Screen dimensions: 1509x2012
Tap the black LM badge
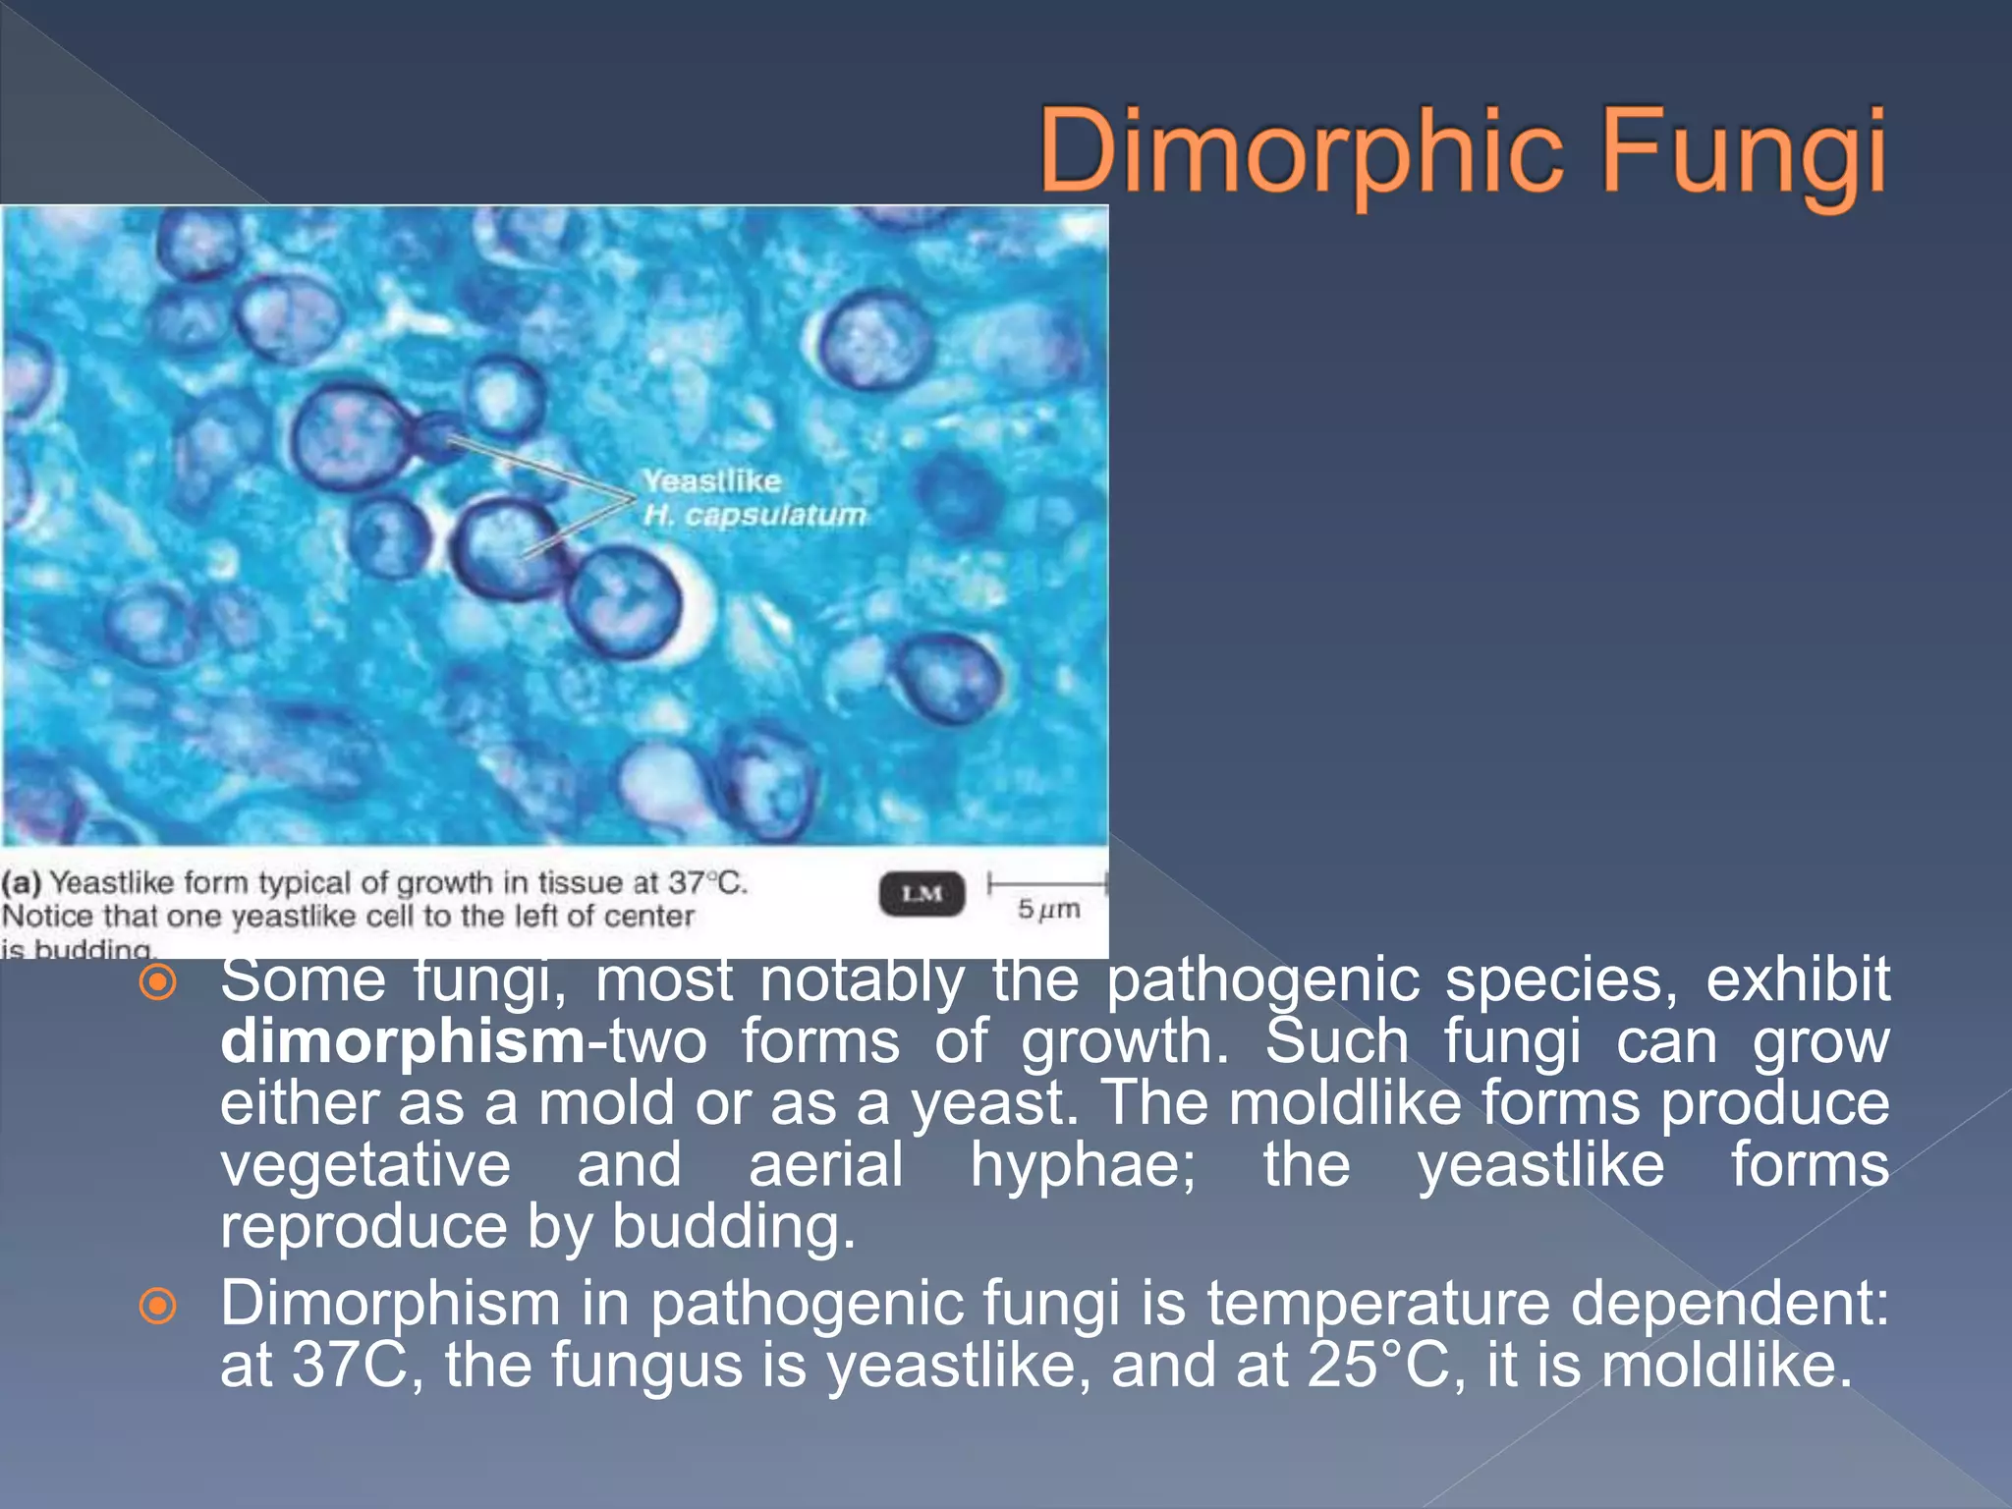click(x=921, y=893)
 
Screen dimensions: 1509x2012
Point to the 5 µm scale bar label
click(x=1048, y=910)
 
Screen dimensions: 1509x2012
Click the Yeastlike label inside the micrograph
click(x=712, y=481)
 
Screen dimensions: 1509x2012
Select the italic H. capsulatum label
click(x=754, y=515)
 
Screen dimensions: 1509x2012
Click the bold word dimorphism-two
click(x=462, y=1041)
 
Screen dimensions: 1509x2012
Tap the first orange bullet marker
click(x=158, y=982)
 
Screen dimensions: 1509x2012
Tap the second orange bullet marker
click(x=158, y=1306)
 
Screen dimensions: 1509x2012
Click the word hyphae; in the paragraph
click(x=1083, y=1165)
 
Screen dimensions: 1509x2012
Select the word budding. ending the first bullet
click(x=733, y=1227)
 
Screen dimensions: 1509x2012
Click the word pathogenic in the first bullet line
click(x=1263, y=980)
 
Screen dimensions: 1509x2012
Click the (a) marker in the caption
click(x=22, y=882)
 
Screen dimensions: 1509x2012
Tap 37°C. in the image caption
click(x=707, y=882)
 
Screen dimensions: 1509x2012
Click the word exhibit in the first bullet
click(x=1797, y=980)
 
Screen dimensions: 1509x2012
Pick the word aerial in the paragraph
click(x=825, y=1165)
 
